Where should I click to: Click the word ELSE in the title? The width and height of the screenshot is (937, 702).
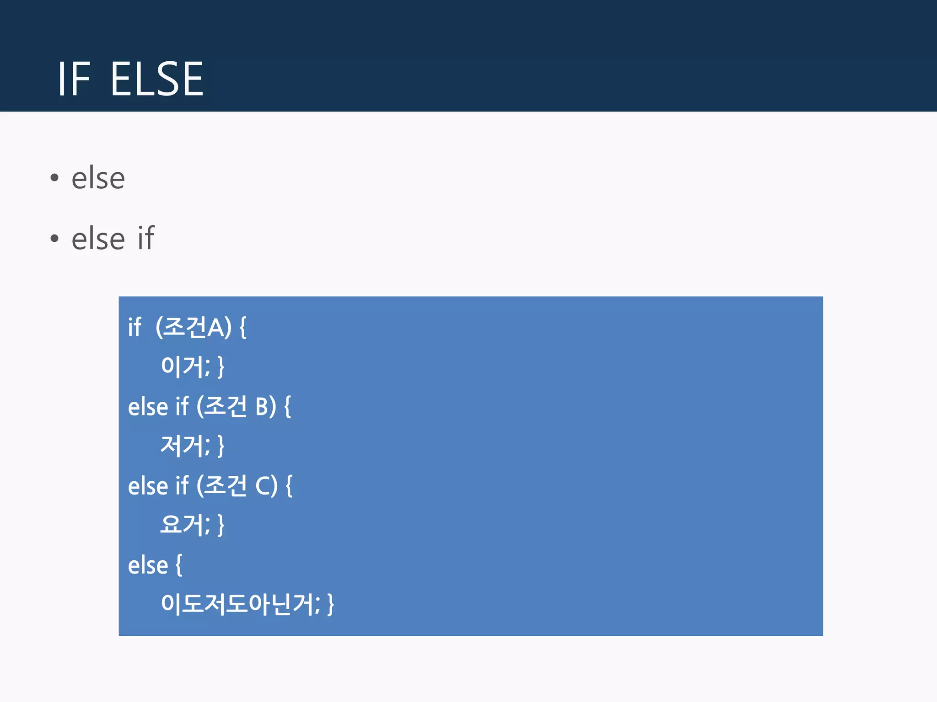tap(156, 80)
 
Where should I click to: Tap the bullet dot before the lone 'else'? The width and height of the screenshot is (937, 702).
tap(54, 178)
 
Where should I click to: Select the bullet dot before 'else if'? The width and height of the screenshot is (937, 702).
tap(54, 238)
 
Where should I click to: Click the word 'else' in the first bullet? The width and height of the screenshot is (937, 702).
tap(98, 178)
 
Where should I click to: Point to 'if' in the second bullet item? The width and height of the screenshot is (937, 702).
tap(146, 238)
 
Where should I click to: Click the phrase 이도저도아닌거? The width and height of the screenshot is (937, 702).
tap(238, 604)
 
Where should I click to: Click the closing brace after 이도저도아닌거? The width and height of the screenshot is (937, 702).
tap(331, 604)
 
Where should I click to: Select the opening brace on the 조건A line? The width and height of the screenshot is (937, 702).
tap(243, 328)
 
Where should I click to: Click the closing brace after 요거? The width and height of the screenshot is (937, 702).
tap(221, 525)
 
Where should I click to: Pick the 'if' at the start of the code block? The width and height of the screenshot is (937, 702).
tap(135, 327)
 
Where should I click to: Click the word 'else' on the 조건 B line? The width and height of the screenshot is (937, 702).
tap(148, 406)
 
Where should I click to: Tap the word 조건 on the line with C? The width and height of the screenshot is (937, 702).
tap(225, 485)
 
